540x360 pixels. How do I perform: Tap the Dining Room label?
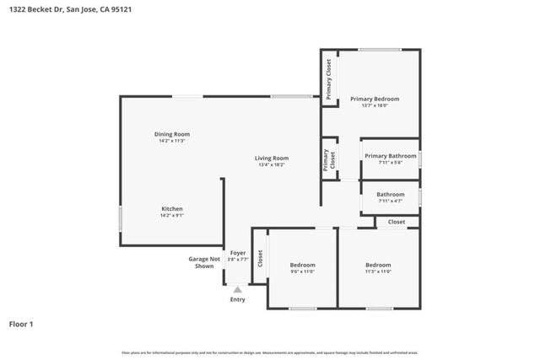tap(171, 134)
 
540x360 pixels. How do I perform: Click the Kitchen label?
tap(172, 208)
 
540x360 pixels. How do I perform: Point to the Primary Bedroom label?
tap(374, 99)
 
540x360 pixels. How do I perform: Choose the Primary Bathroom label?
tap(390, 155)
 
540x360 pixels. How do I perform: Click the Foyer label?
tap(238, 252)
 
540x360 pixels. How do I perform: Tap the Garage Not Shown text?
tap(204, 262)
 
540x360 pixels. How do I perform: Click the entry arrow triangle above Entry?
tap(238, 289)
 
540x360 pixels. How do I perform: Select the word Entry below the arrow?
tap(238, 299)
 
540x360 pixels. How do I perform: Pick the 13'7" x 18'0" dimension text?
tap(374, 105)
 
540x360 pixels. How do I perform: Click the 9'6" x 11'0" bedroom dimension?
tap(302, 271)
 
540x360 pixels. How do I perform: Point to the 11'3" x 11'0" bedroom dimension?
tap(378, 271)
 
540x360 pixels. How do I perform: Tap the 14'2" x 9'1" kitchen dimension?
tap(172, 215)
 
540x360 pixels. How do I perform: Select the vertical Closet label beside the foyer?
tap(260, 259)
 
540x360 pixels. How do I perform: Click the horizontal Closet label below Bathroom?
tap(397, 222)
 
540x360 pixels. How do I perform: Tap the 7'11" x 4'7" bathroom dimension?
tap(390, 201)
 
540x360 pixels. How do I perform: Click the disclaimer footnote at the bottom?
tap(269, 352)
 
